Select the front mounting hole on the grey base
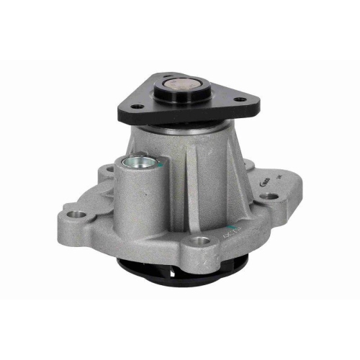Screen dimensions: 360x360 tap(202, 240)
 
